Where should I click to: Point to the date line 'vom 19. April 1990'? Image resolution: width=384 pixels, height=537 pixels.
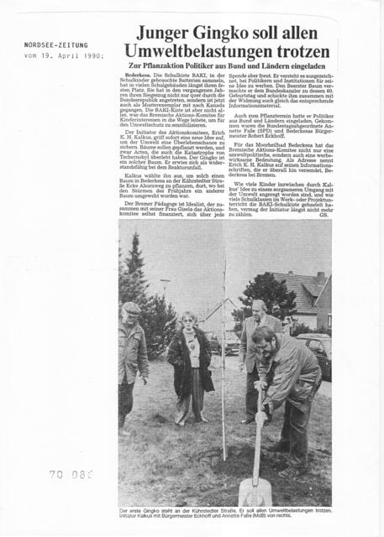point(64,55)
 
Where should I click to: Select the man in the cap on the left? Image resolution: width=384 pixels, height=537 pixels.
point(132,361)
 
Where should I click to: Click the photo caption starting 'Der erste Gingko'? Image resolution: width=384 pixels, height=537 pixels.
point(224,513)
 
